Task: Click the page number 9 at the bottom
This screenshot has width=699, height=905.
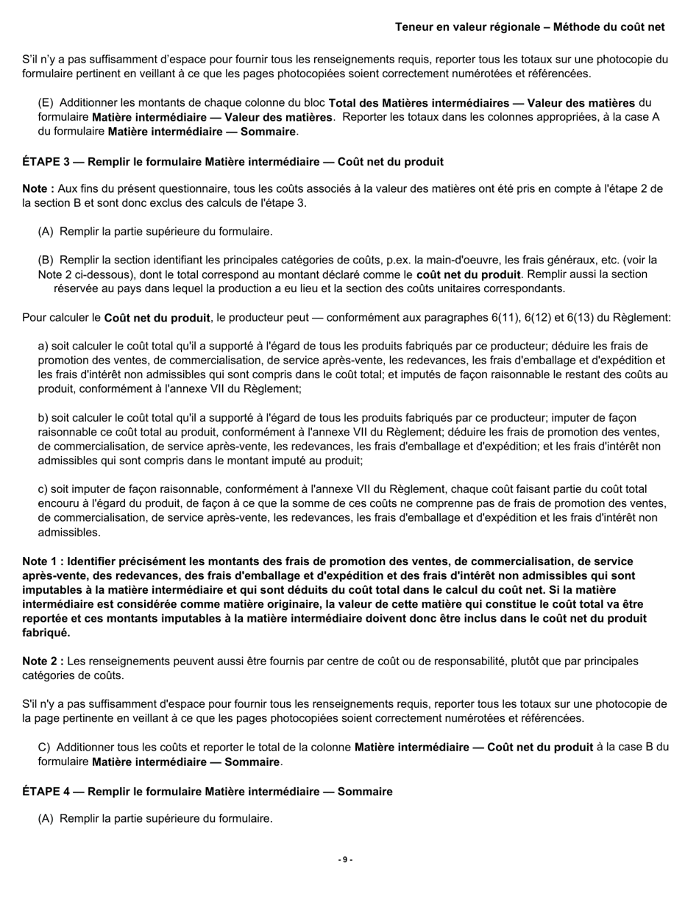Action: [345, 859]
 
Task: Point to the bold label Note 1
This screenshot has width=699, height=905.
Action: [42, 561]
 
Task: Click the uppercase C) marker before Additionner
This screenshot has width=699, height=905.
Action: [44, 747]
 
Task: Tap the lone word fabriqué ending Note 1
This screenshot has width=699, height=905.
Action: [46, 632]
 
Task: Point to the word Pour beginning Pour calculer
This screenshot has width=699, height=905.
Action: [35, 318]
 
